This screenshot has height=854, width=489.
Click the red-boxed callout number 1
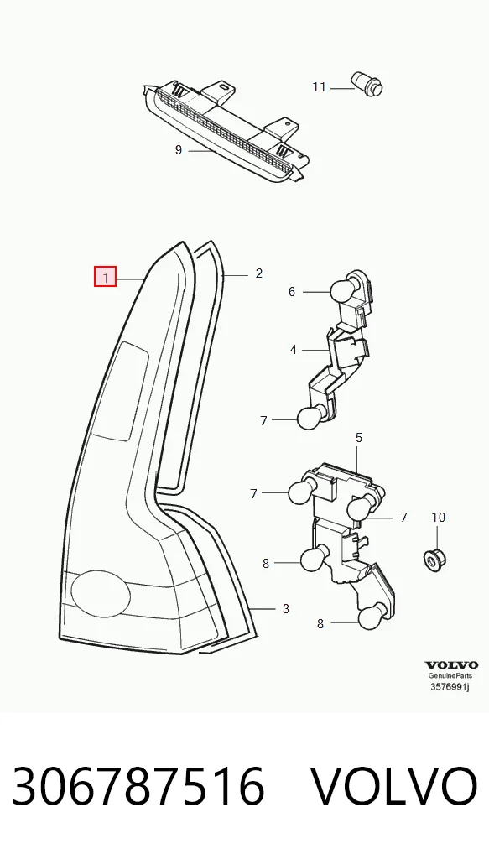tap(105, 277)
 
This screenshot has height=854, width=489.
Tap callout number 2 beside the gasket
tap(258, 273)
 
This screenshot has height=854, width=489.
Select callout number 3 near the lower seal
tap(286, 609)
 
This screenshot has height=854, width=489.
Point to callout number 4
tap(294, 350)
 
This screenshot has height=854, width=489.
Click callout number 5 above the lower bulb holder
tap(359, 438)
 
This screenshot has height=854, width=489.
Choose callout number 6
tap(292, 293)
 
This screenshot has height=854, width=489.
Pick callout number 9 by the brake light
tap(179, 150)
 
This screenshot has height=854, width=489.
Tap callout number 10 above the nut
tap(439, 517)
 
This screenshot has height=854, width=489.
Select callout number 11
tap(319, 87)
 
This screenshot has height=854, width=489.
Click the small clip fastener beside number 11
tap(369, 83)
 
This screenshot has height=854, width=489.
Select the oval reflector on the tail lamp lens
tap(101, 593)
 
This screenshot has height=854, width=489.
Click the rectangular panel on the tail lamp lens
tap(120, 391)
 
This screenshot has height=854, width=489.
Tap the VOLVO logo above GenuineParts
tap(451, 665)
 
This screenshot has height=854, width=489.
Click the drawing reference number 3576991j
tap(450, 687)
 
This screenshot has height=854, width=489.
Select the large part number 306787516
tap(138, 786)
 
